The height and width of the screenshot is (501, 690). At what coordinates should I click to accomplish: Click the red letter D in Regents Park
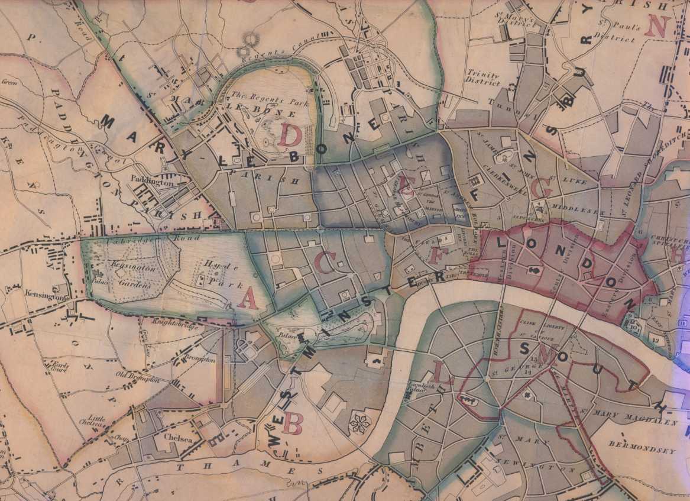coord(290,135)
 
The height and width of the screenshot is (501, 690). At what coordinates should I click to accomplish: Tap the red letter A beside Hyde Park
coord(248,299)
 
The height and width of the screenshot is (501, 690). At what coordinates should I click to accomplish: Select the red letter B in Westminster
coord(293,422)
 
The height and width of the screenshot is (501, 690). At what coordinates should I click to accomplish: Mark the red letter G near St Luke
coord(542,188)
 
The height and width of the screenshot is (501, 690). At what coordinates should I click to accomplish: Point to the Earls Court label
coord(60,366)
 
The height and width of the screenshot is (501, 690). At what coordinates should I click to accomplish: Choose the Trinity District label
coord(482,76)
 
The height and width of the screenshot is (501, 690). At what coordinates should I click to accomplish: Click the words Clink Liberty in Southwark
coord(536,324)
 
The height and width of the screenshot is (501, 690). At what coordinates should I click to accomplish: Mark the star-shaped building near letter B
coord(358,422)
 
